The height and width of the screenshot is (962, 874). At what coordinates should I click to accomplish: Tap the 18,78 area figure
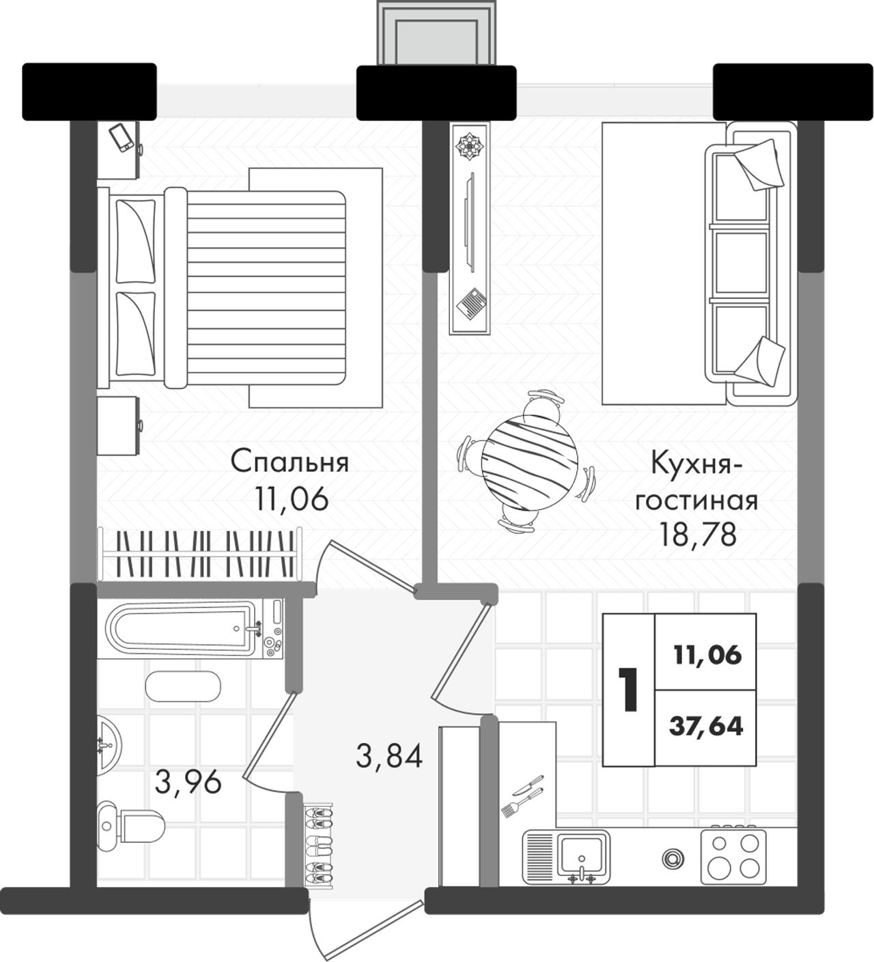[x=697, y=534]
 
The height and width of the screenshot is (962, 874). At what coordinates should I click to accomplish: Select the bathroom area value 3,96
[x=188, y=782]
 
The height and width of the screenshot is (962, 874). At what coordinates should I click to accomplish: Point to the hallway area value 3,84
[x=389, y=755]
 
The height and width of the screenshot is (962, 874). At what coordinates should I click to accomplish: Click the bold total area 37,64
[x=705, y=726]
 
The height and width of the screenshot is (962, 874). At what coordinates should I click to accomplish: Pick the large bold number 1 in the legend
[x=628, y=690]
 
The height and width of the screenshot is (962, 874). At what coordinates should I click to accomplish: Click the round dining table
[x=529, y=461]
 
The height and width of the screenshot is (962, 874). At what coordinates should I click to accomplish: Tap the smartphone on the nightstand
[x=122, y=138]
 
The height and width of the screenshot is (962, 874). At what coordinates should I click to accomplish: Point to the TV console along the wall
[x=470, y=228]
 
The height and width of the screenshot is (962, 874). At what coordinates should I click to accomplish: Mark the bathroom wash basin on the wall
[x=109, y=745]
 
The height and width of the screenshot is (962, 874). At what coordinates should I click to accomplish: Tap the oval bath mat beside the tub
[x=183, y=686]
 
